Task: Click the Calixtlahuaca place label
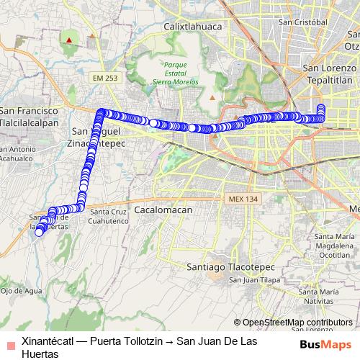(x=192, y=27)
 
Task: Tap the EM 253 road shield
(x=104, y=77)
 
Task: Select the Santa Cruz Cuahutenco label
(x=109, y=217)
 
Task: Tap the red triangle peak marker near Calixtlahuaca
(x=69, y=40)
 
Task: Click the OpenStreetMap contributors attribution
(x=297, y=323)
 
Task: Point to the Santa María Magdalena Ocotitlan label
(x=336, y=246)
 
